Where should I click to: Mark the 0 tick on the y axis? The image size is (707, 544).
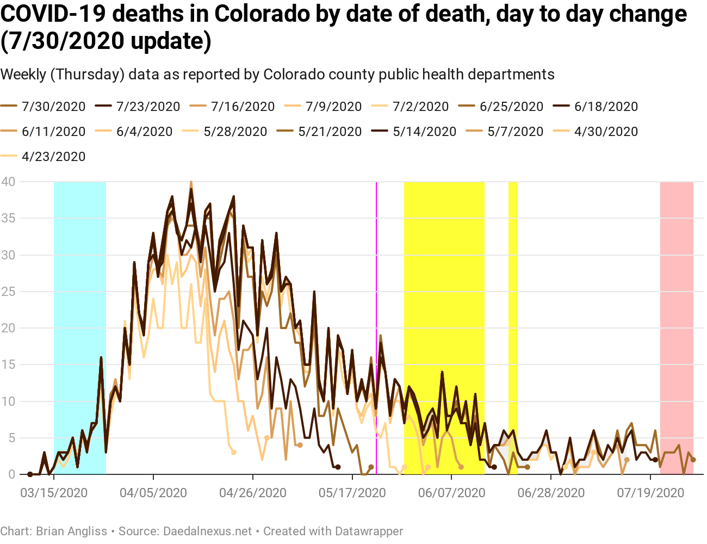pyautogui.click(x=11, y=474)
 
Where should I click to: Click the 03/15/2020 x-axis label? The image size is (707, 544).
pyautogui.click(x=54, y=493)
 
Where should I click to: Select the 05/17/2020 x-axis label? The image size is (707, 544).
pyautogui.click(x=352, y=493)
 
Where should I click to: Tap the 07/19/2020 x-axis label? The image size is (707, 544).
pyautogui.click(x=651, y=493)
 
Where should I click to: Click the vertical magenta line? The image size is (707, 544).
pyautogui.click(x=376, y=326)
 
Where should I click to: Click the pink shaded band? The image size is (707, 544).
pyautogui.click(x=677, y=326)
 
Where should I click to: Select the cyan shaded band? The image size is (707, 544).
pyautogui.click(x=80, y=326)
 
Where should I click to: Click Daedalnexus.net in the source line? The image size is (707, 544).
pyautogui.click(x=208, y=531)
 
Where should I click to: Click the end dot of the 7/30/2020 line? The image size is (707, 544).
pyautogui.click(x=693, y=460)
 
